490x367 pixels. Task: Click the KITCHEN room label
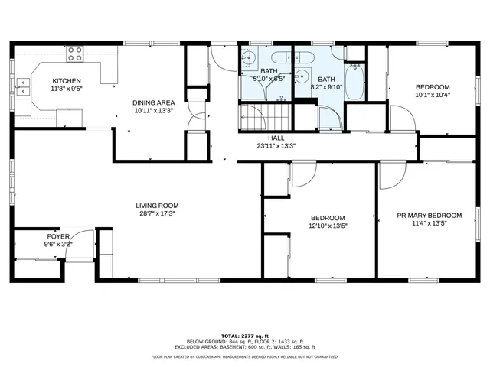(x=67, y=81)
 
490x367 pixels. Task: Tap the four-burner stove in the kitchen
(x=75, y=54)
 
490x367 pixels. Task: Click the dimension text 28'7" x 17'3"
(x=157, y=214)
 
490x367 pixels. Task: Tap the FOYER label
(x=54, y=236)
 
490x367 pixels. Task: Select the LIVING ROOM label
(x=157, y=205)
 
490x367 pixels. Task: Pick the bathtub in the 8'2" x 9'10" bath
(x=354, y=83)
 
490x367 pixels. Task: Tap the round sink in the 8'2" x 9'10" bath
(x=302, y=76)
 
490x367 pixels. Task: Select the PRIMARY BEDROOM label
(x=429, y=215)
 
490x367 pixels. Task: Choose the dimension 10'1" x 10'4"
(x=433, y=95)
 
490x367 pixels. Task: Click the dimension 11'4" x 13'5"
(x=429, y=224)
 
